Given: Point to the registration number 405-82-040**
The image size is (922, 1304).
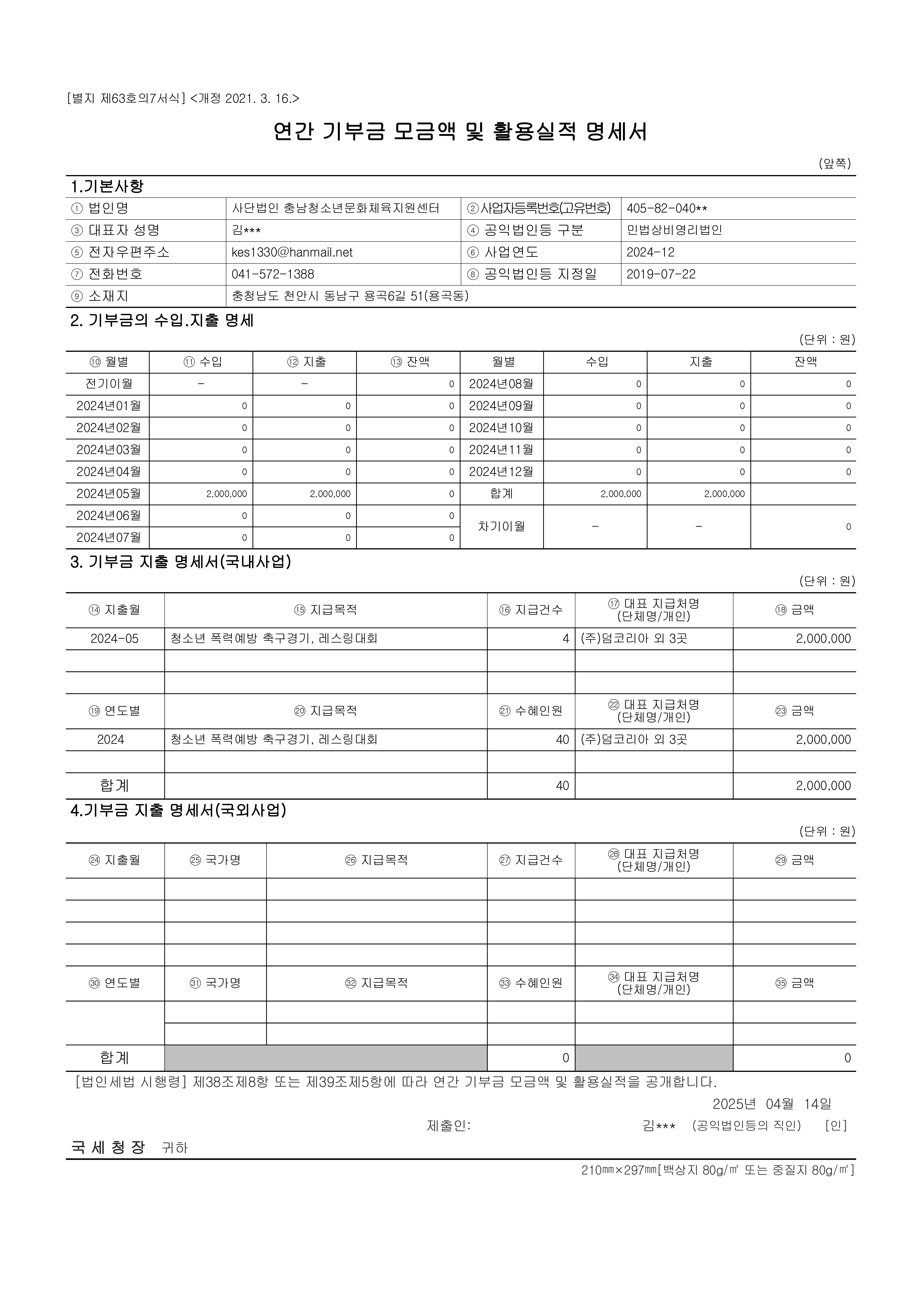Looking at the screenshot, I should pyautogui.click(x=667, y=208).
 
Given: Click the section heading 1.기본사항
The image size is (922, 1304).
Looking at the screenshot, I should pyautogui.click(x=107, y=186).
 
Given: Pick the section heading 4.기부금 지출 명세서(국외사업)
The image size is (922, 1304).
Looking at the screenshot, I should pyautogui.click(x=178, y=810).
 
